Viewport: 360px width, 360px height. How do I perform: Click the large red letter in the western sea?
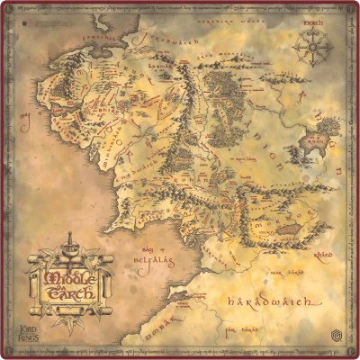click(x=27, y=117)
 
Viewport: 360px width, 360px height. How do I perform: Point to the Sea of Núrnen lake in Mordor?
click(x=287, y=230)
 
